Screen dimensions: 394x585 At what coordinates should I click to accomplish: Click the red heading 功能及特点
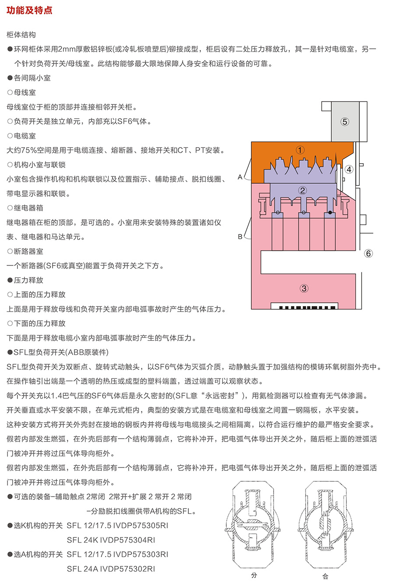pos(29,11)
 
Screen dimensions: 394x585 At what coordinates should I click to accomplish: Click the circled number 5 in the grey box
pos(345,122)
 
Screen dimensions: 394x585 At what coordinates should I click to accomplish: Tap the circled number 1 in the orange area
pos(300,150)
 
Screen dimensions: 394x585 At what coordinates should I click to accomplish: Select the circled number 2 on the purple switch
pos(303,190)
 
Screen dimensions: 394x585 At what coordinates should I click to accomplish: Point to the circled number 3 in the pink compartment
pos(304,288)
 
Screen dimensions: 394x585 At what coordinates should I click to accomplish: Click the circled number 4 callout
pos(349,169)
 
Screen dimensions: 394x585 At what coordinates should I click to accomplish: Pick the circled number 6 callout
pos(369,253)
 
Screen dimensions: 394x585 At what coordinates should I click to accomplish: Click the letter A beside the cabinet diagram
pos(240,177)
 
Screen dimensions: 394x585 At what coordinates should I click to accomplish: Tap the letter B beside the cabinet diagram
pos(240,237)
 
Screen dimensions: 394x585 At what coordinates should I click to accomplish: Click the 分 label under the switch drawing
pos(254,575)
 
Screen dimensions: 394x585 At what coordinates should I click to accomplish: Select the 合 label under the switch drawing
pos(325,576)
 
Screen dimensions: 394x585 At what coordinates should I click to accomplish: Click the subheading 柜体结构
pos(21,35)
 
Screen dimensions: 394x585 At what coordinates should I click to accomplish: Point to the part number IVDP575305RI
pos(141,525)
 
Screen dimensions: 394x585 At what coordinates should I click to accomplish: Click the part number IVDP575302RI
pos(127,569)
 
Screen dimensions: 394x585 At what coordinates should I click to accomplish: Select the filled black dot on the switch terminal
pos(330,213)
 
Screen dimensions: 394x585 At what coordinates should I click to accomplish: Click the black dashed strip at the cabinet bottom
pos(307,308)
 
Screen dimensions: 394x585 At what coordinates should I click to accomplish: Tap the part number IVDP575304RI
pos(127,540)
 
